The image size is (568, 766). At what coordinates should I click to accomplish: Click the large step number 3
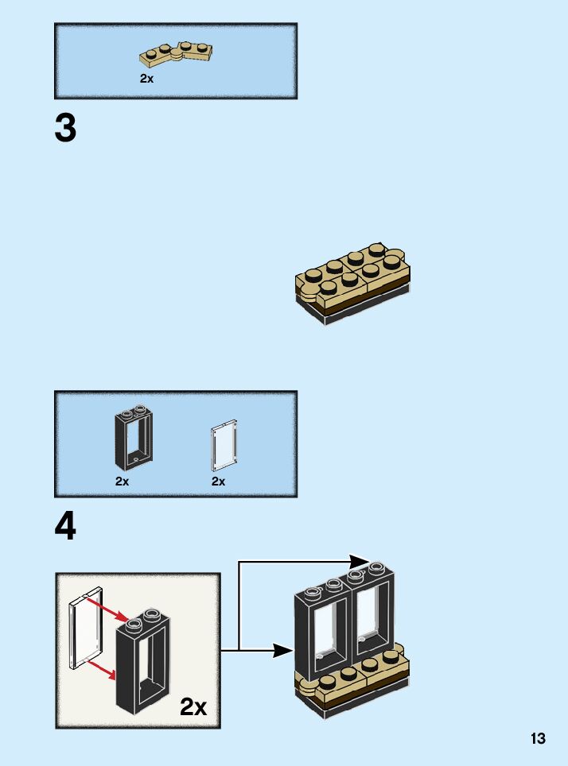click(66, 129)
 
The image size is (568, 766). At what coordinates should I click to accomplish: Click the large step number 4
click(66, 527)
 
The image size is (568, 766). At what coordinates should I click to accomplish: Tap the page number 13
click(539, 738)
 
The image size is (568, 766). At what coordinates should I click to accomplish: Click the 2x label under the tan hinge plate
click(146, 79)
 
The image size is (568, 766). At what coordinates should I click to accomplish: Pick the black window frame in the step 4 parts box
click(132, 439)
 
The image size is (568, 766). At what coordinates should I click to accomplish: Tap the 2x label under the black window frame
click(122, 482)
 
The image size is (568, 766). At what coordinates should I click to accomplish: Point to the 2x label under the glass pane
click(218, 482)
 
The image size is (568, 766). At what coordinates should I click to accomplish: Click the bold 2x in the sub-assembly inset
click(193, 706)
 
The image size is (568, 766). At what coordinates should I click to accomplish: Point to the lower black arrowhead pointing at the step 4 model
click(283, 651)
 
